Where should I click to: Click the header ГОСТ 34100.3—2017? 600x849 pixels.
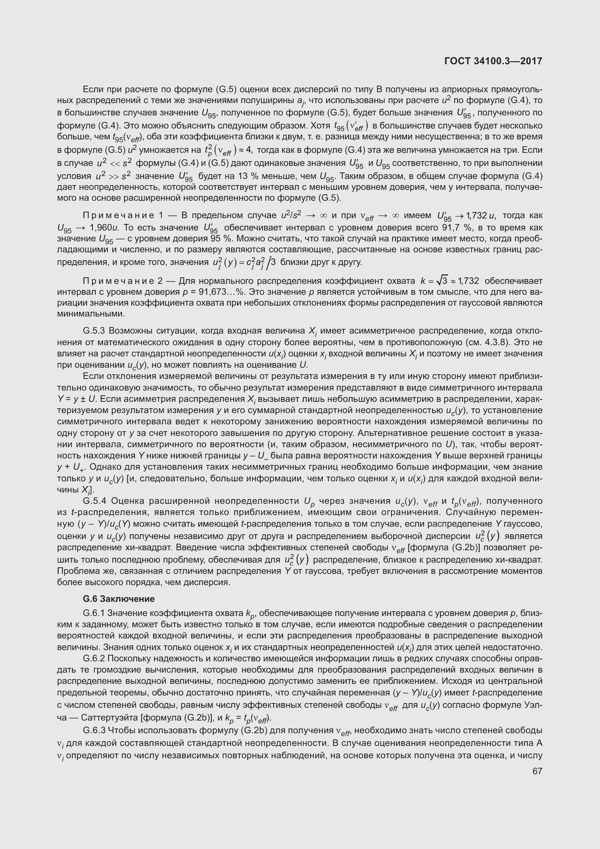[x=493, y=61]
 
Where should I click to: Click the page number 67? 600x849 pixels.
[x=537, y=771]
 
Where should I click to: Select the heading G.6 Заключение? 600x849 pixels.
[x=119, y=599]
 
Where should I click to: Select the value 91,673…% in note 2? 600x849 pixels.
[x=222, y=292]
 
